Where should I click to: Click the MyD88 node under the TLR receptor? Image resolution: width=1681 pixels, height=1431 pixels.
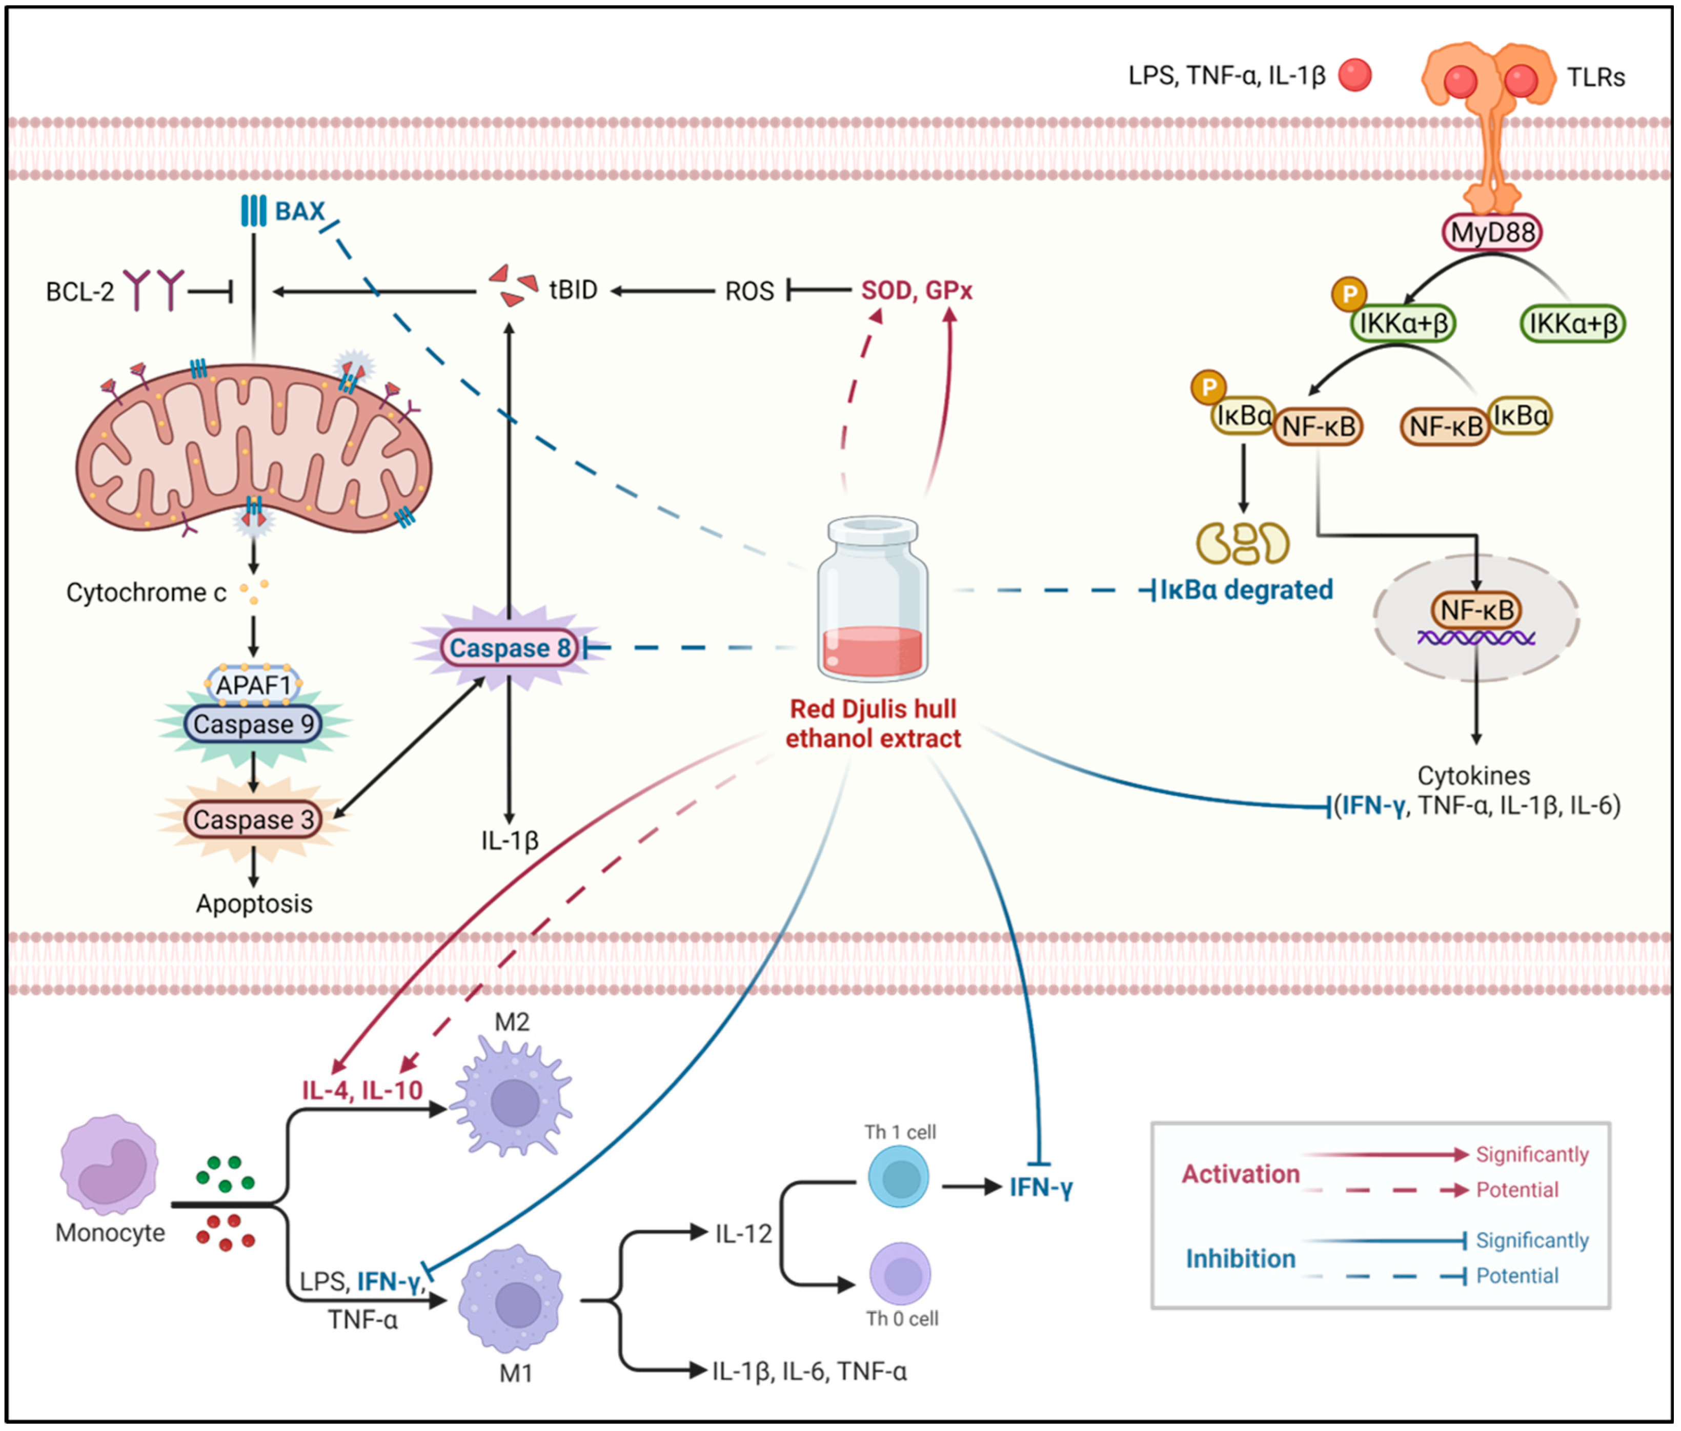[1491, 233]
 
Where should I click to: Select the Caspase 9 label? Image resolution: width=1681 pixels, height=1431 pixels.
[253, 724]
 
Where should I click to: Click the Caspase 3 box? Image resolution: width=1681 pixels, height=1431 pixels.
[253, 820]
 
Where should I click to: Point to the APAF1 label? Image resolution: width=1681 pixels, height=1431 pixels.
[253, 685]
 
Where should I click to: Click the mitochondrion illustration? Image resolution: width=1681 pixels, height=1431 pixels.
[253, 450]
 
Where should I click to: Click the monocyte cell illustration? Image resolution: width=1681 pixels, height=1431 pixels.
[110, 1164]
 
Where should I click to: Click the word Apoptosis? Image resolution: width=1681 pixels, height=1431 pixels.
[254, 904]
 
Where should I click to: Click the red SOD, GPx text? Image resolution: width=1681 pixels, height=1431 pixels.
[917, 291]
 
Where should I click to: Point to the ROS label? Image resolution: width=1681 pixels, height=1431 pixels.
[749, 291]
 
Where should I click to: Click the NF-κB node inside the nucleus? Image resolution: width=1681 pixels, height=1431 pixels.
[1476, 610]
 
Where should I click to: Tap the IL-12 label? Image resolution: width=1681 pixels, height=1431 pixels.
[743, 1234]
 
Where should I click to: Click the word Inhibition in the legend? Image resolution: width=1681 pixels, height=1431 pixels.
[1241, 1259]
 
